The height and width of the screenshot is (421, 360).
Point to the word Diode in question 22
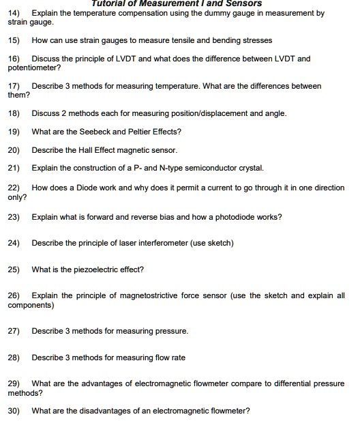tap(82, 188)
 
